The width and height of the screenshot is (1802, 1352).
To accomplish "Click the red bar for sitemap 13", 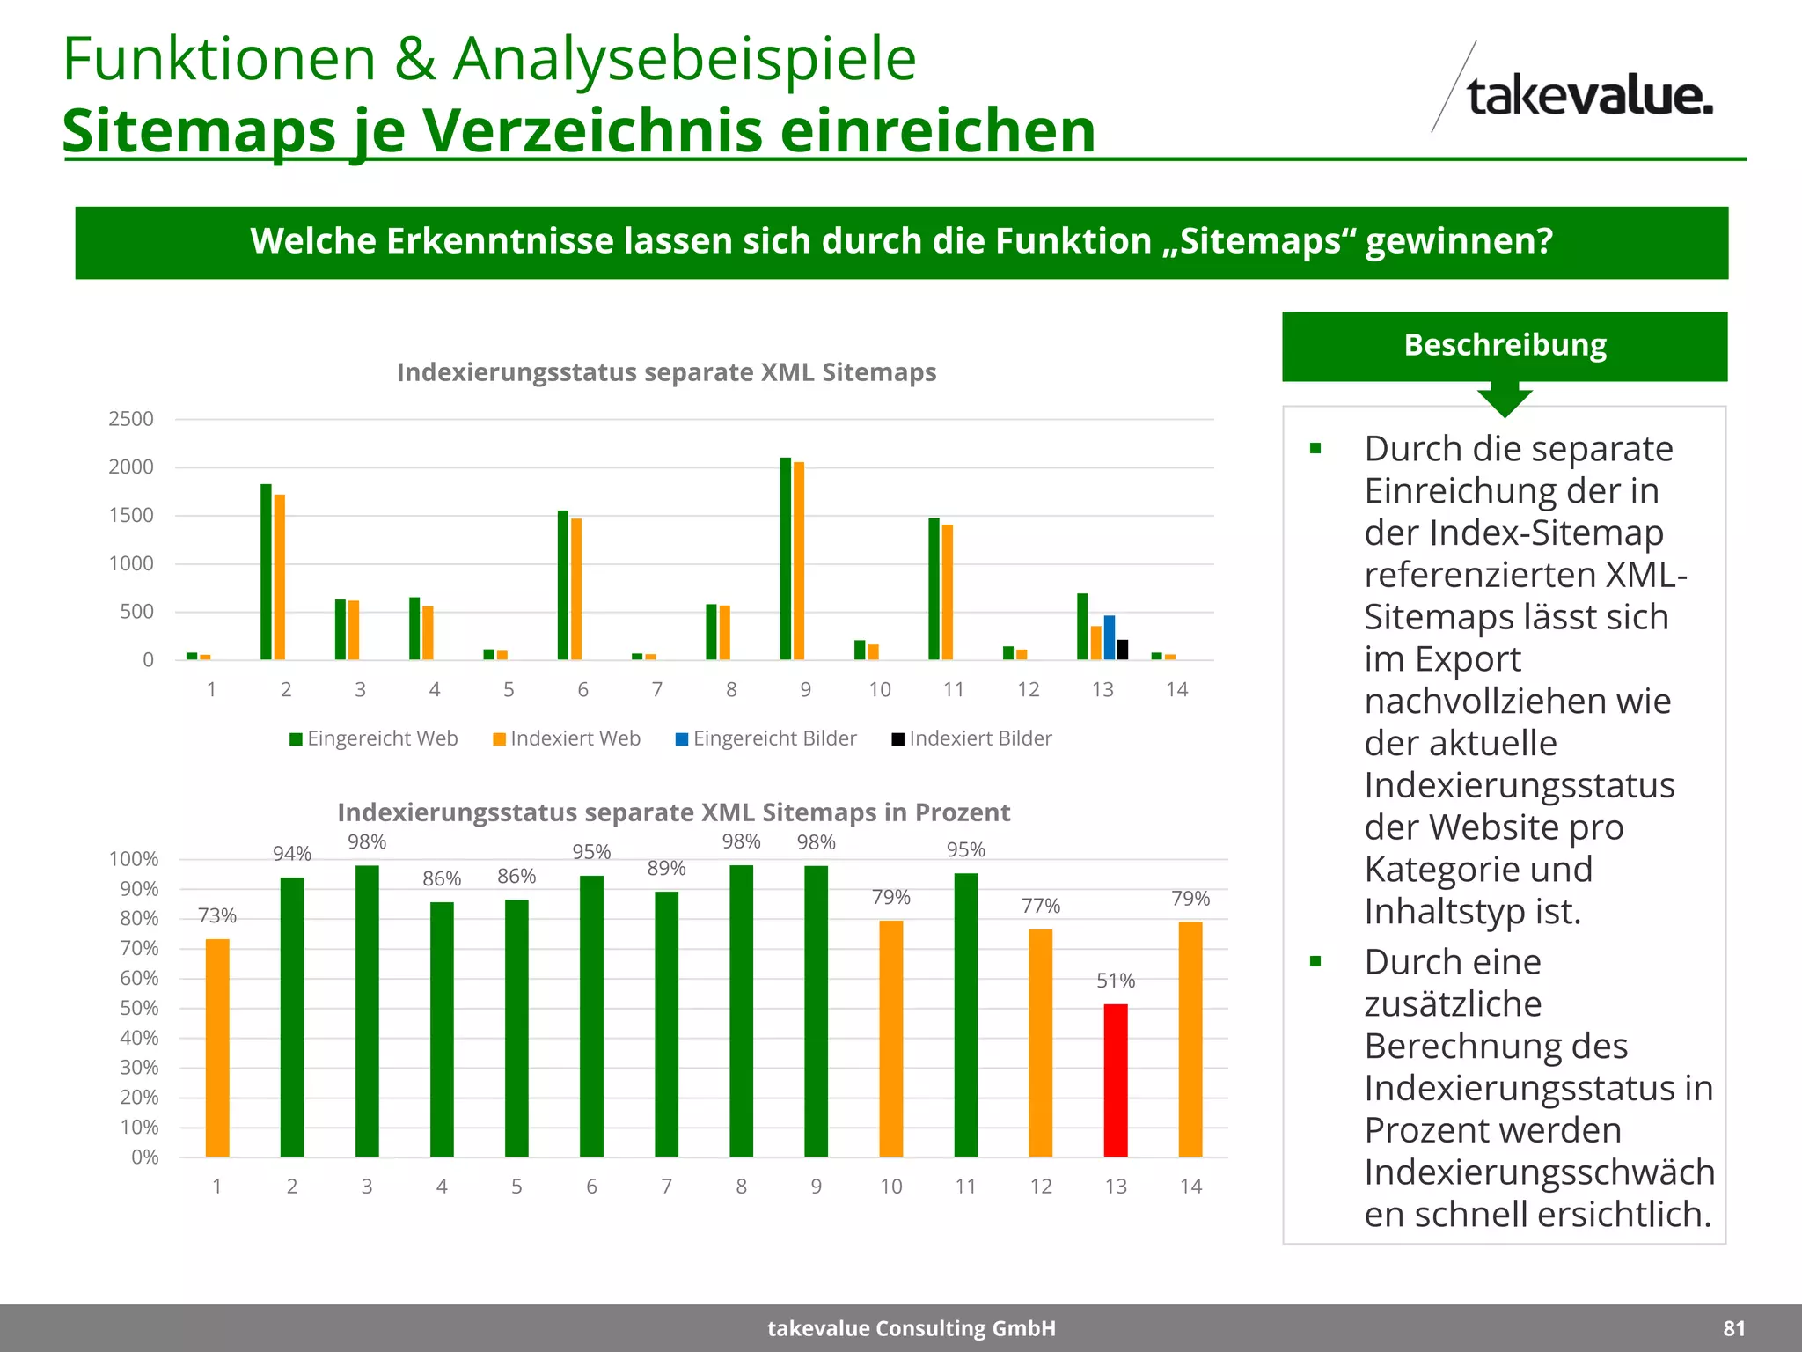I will pos(1116,1080).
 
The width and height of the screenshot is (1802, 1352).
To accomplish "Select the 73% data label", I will pos(217,915).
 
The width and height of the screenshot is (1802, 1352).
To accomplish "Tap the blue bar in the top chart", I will pos(1110,637).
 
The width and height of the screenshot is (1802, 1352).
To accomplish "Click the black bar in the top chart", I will pos(1123,650).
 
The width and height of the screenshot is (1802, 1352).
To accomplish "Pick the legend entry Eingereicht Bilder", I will pos(765,738).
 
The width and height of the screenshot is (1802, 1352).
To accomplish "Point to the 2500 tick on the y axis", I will pos(131,419).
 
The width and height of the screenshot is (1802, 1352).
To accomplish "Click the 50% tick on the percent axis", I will pos(139,1008).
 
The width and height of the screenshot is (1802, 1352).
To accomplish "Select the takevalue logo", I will pos(1575,95).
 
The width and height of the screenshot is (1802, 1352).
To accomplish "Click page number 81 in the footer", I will pos(1733,1328).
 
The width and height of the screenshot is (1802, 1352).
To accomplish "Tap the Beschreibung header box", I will pos(1505,345).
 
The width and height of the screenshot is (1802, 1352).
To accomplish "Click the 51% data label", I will pos(1116,981).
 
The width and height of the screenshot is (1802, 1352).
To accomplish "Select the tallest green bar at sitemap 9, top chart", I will pos(786,558).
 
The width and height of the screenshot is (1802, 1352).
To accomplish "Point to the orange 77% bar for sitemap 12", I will pos(1041,1043).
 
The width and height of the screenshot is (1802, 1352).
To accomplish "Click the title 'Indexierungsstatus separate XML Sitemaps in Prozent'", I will pos(673,812).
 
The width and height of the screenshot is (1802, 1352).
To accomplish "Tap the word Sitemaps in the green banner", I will pos(1260,241).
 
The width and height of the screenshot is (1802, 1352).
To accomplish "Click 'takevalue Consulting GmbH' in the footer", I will pos(912,1328).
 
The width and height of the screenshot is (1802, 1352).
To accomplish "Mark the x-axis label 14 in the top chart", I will pos(1176,689).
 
